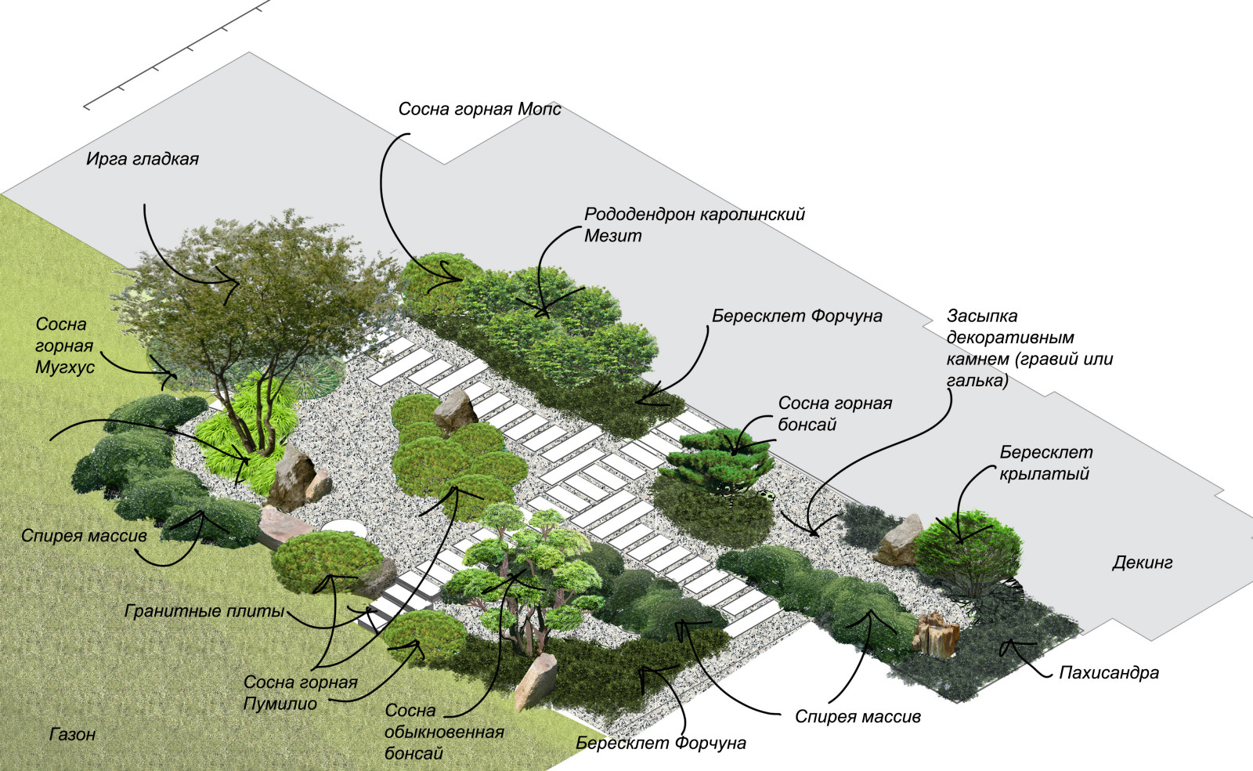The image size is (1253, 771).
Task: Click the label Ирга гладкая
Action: [x=142, y=159]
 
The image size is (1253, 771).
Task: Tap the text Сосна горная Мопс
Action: [x=479, y=109]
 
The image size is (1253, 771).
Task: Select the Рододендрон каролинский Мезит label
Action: [x=694, y=224]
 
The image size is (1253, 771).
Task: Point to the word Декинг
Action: [x=1142, y=563]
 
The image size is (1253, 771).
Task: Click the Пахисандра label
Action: [x=1108, y=672]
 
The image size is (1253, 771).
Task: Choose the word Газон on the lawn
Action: [x=72, y=734]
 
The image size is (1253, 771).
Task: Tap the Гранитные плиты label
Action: [x=204, y=611]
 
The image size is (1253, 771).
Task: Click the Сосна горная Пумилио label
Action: [x=300, y=693]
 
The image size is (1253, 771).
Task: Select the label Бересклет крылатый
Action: [x=1045, y=462]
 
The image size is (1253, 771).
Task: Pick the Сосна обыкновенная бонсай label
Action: [x=443, y=732]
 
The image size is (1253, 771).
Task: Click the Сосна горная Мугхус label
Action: [x=64, y=346]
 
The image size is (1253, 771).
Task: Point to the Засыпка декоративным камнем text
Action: [x=1028, y=348]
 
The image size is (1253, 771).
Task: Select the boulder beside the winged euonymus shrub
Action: [x=901, y=541]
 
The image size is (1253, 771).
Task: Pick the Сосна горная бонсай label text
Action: [x=834, y=413]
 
